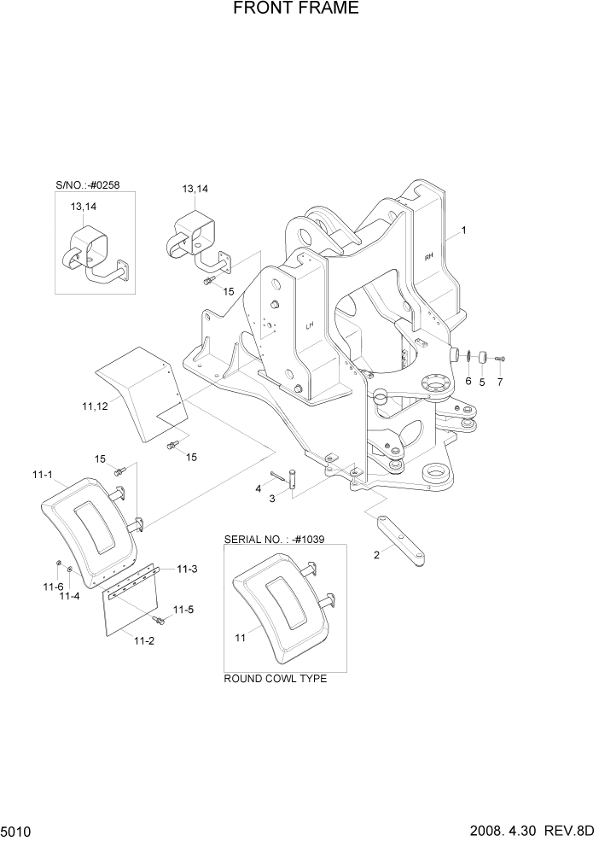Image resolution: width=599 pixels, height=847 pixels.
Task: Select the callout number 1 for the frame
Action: [x=464, y=230]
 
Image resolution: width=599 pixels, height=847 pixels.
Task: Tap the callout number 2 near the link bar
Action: [x=376, y=555]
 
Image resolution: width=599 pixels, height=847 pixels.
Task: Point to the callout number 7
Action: [x=500, y=382]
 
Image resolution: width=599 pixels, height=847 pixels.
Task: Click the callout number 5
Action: [x=481, y=382]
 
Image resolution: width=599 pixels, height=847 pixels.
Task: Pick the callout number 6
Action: [x=468, y=382]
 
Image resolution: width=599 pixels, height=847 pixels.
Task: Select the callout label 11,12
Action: [x=95, y=407]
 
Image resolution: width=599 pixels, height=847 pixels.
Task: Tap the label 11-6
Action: [x=53, y=587]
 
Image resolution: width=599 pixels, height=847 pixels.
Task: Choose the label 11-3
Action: [x=187, y=569]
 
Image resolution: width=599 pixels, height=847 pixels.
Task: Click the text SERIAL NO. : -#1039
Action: [x=274, y=540]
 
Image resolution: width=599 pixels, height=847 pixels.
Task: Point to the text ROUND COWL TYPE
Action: [x=275, y=679]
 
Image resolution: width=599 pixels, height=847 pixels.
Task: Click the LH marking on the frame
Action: [x=311, y=325]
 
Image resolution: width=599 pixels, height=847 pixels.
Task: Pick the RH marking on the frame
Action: [x=428, y=254]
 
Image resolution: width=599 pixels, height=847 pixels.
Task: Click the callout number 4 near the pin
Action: [x=257, y=488]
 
